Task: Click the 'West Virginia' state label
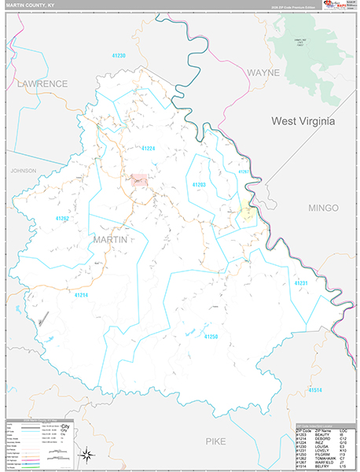pyautogui.click(x=303, y=121)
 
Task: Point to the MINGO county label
pyautogui.click(x=323, y=208)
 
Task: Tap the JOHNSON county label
pyautogui.click(x=24, y=170)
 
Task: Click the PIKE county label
pyautogui.click(x=216, y=441)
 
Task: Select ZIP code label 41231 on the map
pyautogui.click(x=302, y=282)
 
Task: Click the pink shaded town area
pyautogui.click(x=139, y=181)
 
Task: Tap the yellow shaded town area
pyautogui.click(x=245, y=212)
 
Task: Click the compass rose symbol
pyautogui.click(x=87, y=453)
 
